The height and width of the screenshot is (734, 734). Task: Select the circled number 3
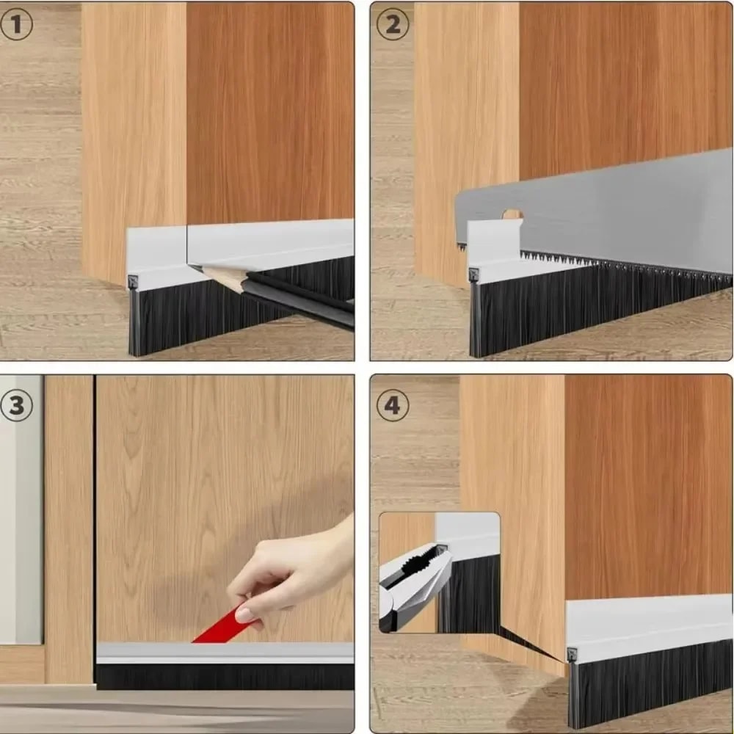click(17, 406)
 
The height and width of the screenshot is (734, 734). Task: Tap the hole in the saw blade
click(512, 215)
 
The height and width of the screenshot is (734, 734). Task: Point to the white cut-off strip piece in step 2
click(492, 250)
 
